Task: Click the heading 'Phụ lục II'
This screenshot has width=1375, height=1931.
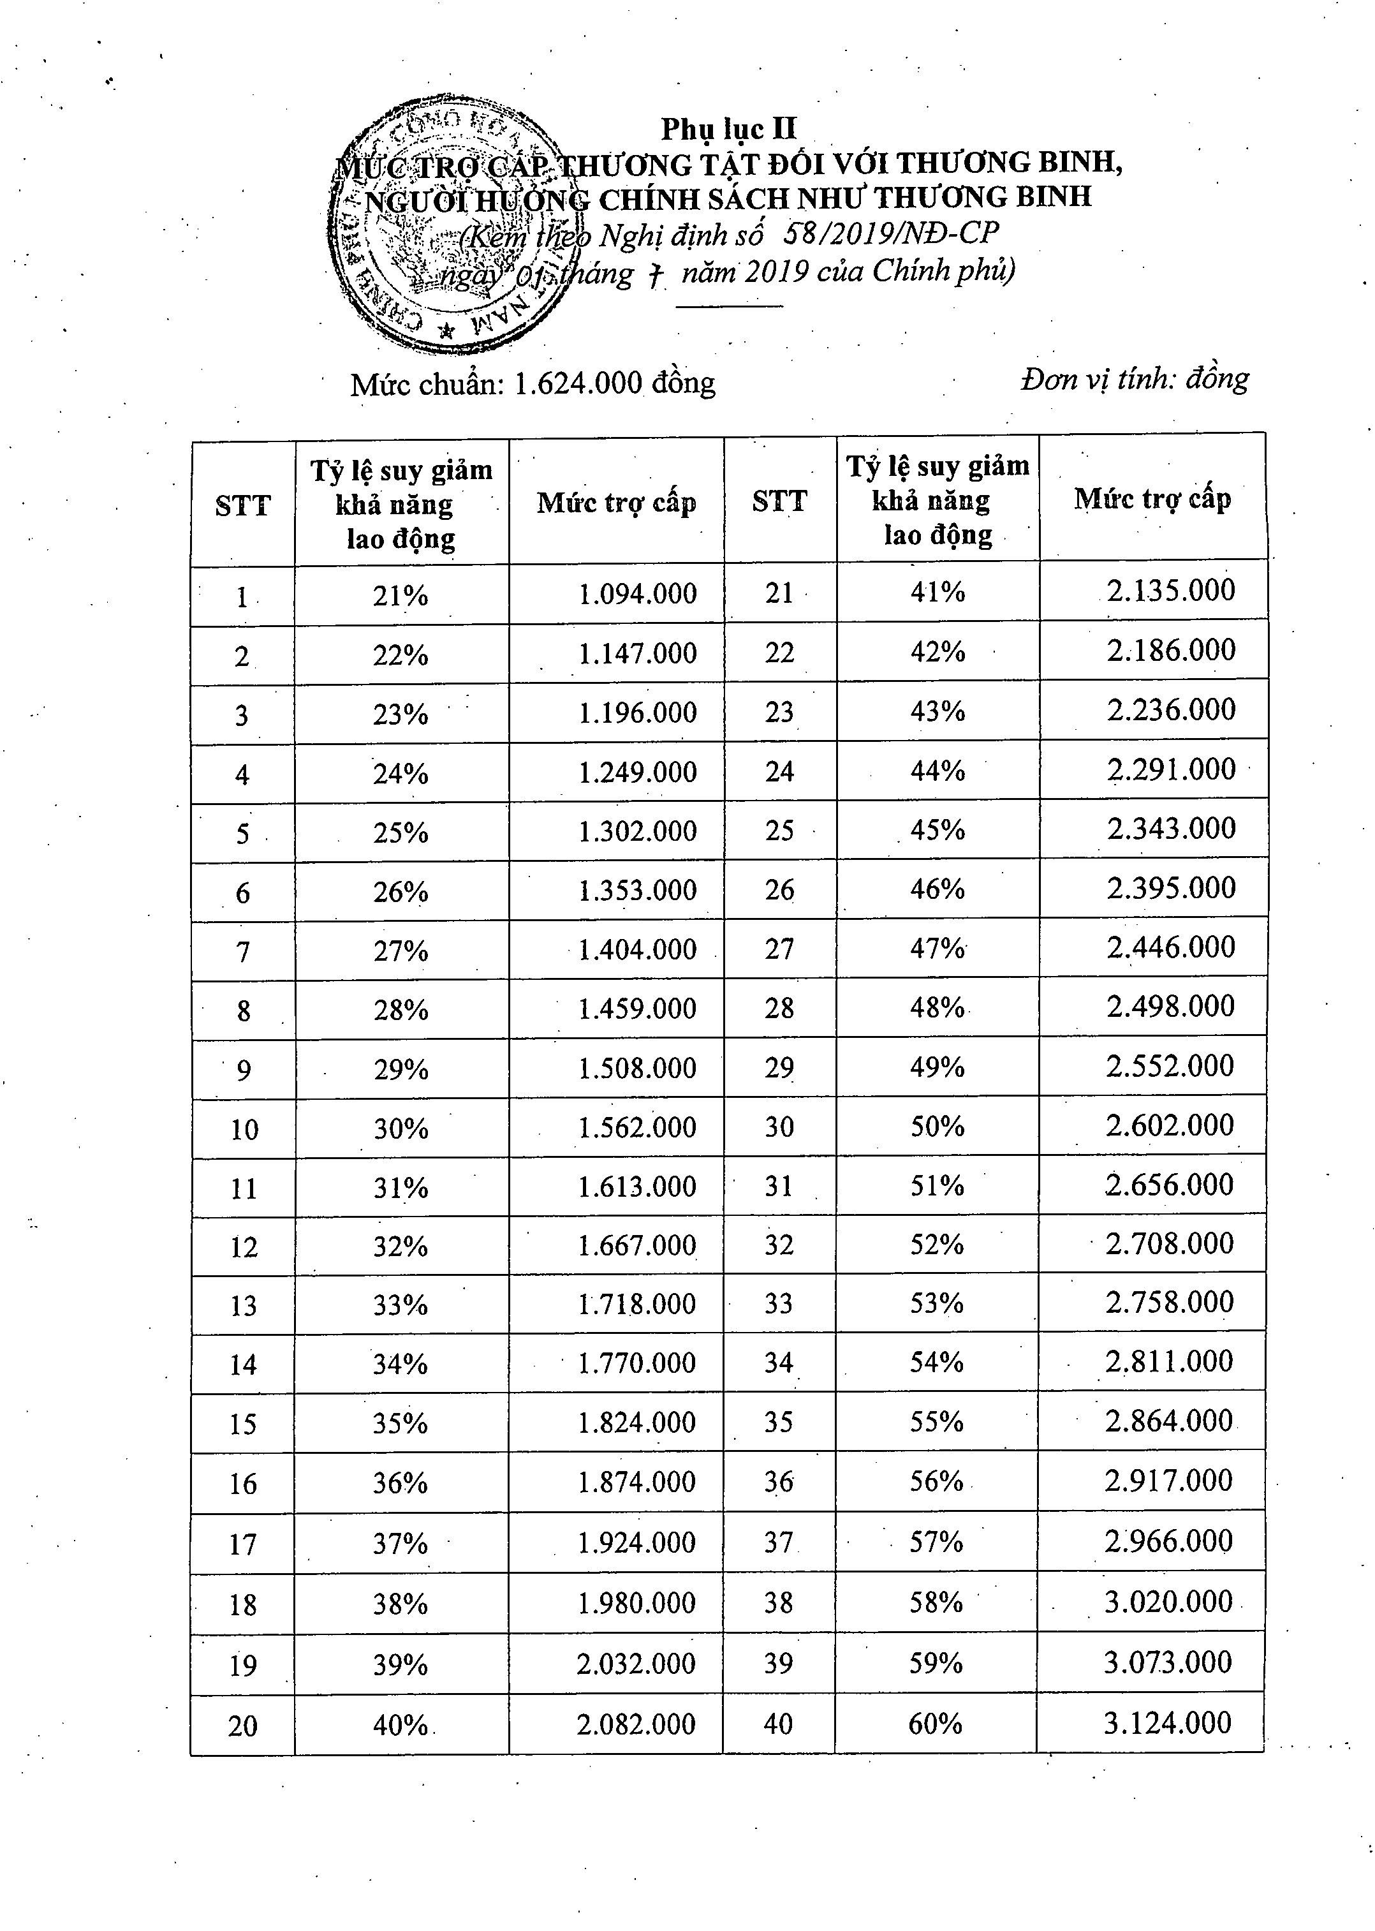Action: (728, 129)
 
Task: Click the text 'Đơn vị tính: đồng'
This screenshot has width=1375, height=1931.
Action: (1135, 378)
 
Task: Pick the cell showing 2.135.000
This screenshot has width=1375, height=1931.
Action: (1171, 590)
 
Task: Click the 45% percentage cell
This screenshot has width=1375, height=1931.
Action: (937, 830)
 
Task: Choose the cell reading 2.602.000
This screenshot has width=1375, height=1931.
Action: (1169, 1125)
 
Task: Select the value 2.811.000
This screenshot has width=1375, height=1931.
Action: (1169, 1362)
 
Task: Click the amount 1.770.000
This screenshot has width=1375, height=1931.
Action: (636, 1363)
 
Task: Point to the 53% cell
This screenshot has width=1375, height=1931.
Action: (936, 1303)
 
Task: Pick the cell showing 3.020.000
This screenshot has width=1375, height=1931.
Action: (1168, 1602)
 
